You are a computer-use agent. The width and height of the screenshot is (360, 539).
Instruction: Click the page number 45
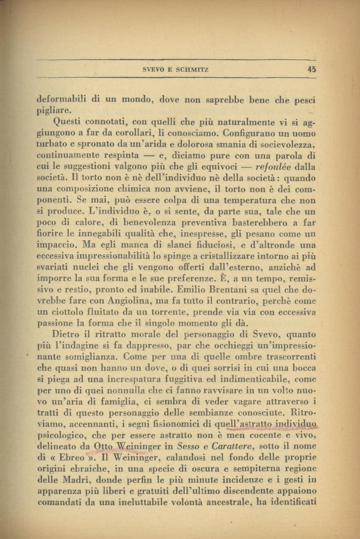(312, 69)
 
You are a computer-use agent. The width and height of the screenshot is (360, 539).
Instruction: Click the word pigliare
(54, 109)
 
